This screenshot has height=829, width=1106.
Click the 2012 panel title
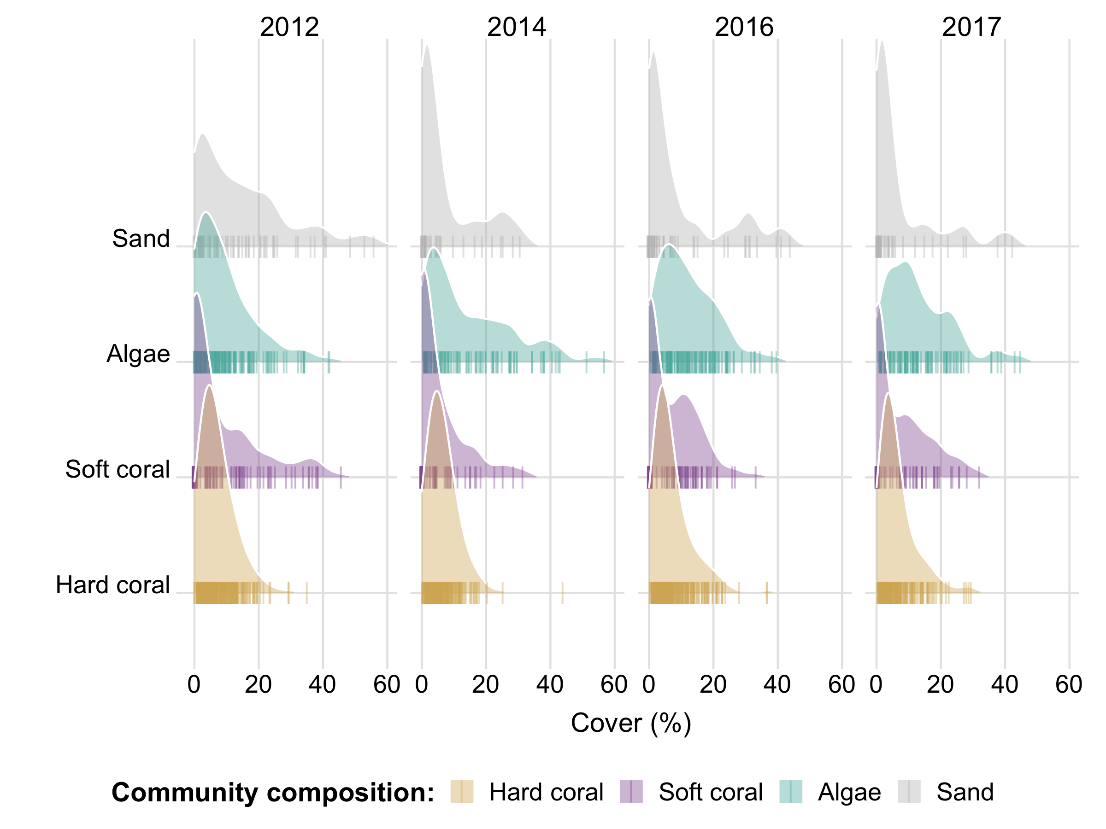289,27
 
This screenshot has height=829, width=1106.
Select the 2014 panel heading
517,27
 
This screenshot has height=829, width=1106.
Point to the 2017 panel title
971,27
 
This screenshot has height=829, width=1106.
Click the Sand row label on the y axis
141,239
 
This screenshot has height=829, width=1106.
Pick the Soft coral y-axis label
118,469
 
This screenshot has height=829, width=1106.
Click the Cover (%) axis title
631,723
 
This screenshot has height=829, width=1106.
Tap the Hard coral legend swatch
461,792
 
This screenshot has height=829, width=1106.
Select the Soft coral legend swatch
631,792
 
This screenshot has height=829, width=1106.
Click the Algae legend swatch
790,792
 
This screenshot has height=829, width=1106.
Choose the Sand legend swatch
909,792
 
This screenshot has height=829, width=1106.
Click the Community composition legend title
272,792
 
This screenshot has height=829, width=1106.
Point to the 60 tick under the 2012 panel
387,684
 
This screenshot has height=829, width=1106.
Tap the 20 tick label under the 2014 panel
486,684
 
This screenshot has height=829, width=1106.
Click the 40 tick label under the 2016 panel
777,684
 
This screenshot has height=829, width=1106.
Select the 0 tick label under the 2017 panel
876,684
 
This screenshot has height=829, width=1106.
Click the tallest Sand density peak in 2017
882,42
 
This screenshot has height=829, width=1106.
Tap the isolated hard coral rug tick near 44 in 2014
563,593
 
